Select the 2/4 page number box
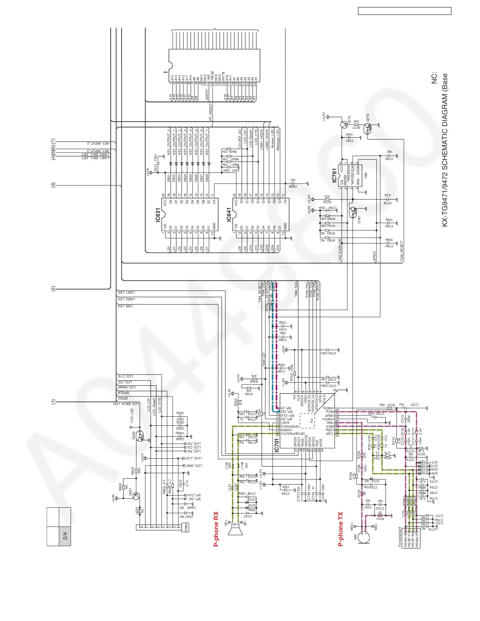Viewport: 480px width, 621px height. click(x=65, y=536)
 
